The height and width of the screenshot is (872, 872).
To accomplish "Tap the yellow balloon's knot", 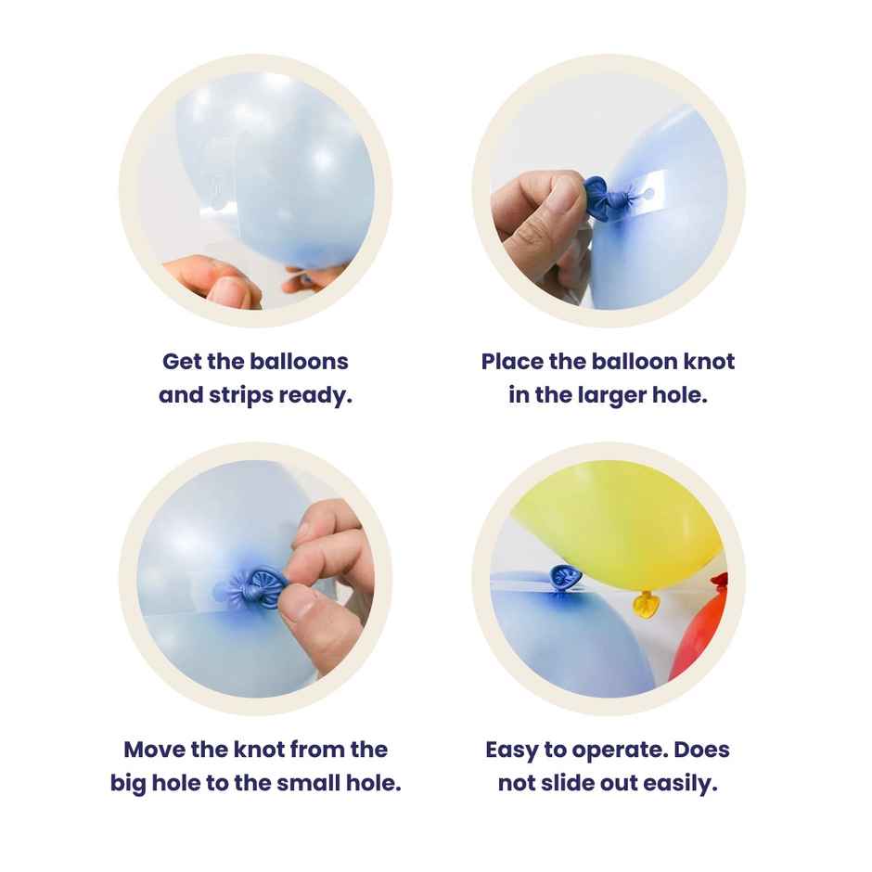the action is coord(646,605).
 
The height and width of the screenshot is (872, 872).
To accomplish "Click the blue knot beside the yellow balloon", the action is coord(565,578).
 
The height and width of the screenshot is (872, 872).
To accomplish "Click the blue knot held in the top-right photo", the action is coord(603,198).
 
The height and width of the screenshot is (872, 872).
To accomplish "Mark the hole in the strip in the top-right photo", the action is coord(649,194).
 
